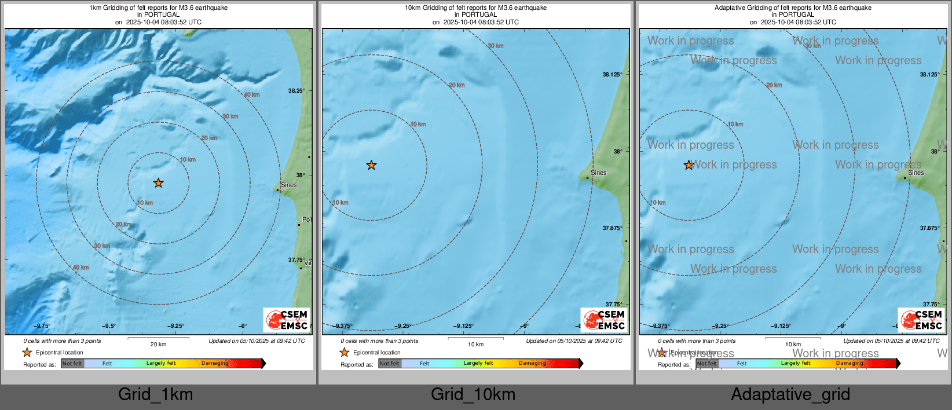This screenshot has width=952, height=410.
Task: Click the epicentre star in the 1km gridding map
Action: (158, 183)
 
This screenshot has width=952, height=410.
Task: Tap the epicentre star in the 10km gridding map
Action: (371, 165)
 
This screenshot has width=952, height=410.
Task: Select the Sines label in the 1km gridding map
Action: (288, 185)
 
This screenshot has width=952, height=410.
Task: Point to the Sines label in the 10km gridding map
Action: (598, 173)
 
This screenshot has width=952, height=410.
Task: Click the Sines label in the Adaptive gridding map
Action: (916, 173)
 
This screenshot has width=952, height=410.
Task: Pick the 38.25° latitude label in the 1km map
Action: (296, 91)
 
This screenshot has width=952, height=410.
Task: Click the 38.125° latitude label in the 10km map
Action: (612, 75)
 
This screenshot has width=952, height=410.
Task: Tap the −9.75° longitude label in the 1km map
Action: (42, 326)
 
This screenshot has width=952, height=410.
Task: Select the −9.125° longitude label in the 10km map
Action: (464, 326)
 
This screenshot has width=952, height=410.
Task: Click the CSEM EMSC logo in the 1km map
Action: (287, 320)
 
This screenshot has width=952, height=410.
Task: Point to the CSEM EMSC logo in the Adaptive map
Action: (921, 320)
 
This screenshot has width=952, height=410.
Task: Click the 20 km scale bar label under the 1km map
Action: (158, 344)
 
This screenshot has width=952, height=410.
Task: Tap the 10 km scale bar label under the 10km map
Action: (475, 344)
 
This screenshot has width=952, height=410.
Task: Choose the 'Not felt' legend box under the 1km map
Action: (72, 364)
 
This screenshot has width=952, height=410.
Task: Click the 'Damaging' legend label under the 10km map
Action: (532, 363)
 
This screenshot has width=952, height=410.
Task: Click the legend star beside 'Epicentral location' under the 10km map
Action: (345, 352)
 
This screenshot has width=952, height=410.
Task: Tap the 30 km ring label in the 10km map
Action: (495, 46)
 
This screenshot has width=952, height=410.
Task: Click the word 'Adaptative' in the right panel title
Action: (730, 8)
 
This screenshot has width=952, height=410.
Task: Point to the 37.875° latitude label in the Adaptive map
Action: (929, 228)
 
